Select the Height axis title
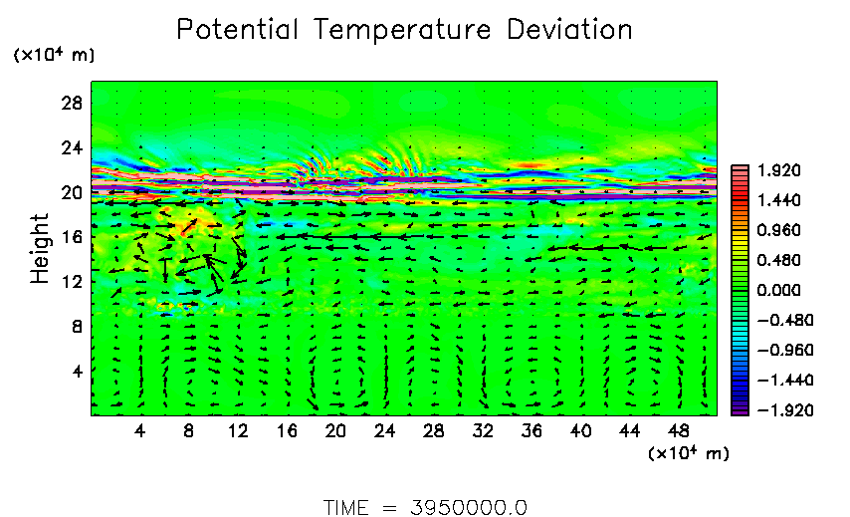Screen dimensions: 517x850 pos(40,248)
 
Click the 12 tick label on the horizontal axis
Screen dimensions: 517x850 pos(238,431)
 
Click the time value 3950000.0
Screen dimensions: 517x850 pos(469,507)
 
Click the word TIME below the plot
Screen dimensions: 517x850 pos(346,507)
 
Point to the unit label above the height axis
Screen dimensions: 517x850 pos(55,56)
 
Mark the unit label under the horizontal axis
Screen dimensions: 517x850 pos(688,454)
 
